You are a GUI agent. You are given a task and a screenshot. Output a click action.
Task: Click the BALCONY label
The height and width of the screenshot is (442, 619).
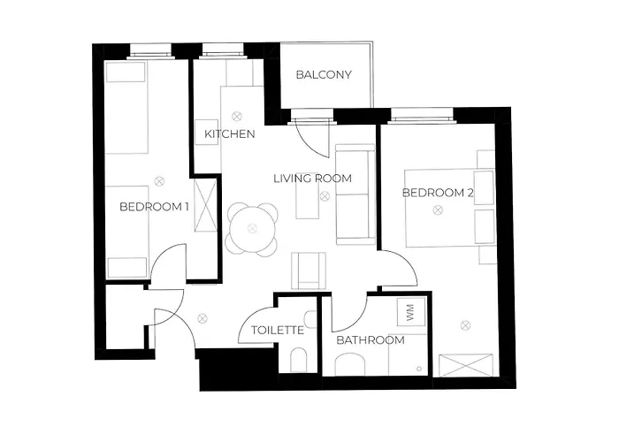pos(324,74)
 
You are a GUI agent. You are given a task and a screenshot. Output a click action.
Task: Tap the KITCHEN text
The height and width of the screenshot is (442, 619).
pos(230,134)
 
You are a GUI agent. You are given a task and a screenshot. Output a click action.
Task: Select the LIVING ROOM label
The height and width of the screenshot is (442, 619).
pos(313,179)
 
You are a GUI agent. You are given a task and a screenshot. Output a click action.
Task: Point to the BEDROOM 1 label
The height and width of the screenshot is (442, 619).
pos(154,207)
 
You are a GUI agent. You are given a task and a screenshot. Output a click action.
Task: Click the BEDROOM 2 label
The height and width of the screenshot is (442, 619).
pos(438,193)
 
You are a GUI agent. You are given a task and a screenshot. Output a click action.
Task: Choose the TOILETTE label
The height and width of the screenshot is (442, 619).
pos(278,330)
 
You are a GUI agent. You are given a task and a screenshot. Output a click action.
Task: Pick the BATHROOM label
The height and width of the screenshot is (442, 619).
pos(371,340)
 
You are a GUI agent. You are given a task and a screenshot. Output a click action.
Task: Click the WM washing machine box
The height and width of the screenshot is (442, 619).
pos(411,312)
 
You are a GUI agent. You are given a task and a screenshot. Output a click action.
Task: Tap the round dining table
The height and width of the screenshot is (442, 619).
pos(252,228)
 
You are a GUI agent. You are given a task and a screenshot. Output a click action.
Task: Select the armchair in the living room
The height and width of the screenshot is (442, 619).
pos(309,271)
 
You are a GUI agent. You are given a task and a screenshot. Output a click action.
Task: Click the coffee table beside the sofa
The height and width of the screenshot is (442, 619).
pos(308,201)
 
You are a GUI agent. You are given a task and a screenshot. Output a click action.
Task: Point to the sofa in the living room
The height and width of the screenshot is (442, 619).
pos(355,194)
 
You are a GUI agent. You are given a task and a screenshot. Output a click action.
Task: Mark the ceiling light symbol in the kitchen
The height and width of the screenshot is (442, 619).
pos(236,117)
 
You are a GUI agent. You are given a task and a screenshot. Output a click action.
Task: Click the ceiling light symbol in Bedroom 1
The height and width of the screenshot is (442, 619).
pos(159,181)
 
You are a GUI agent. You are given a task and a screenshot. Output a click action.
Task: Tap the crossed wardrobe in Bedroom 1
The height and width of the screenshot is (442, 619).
pos(206,205)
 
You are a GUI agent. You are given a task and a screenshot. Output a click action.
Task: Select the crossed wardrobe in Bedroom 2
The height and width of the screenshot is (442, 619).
pos(466,366)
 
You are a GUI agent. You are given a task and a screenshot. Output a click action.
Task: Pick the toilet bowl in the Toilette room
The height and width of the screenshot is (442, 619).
pos(299,360)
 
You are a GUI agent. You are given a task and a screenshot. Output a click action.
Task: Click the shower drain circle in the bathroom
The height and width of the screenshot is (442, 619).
pos(419,370)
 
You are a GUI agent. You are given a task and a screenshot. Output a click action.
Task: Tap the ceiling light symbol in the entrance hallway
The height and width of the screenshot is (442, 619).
pos(203,318)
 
